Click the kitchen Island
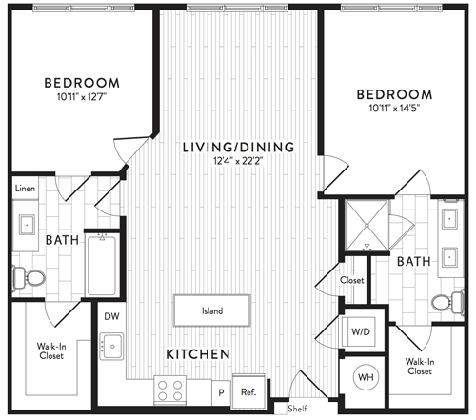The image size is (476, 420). tap(212, 310)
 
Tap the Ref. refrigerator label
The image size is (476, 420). tap(248, 392)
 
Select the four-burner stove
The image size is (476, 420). tap(169, 390)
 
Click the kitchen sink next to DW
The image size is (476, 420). tap(111, 346)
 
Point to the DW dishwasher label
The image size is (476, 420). tap(111, 316)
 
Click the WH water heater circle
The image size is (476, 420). tap(366, 377)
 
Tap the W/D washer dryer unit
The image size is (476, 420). tap(359, 331)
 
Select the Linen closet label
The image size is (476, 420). tap(25, 189)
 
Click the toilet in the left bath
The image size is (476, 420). tap(29, 278)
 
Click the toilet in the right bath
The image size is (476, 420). tap(448, 302)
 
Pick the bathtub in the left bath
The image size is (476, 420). tap(102, 266)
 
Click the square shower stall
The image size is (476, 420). tap(367, 225)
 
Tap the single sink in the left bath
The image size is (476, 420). tap(27, 225)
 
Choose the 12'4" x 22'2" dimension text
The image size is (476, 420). tap(238, 161)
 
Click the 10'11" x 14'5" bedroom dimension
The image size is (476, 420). tap(394, 109)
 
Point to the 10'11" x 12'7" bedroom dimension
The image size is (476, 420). tap(82, 96)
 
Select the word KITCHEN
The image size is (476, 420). tap(198, 354)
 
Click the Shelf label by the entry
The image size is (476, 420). tap(297, 409)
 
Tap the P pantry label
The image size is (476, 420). tap(221, 392)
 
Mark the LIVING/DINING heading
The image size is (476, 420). tap(239, 147)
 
